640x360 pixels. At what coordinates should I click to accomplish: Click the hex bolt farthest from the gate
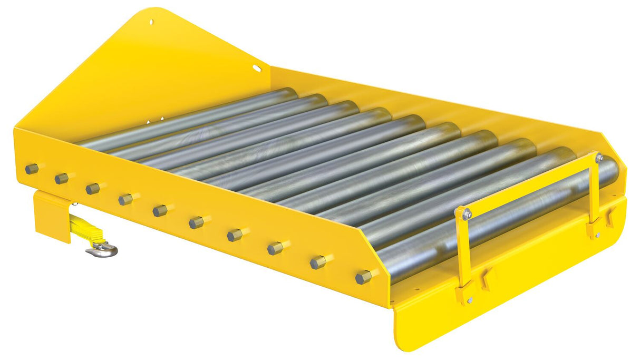point(32,169)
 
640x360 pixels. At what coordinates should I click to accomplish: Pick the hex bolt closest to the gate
point(363,277)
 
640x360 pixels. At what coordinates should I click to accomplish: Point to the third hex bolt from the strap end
point(93,189)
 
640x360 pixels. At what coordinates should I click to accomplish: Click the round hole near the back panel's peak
point(151,22)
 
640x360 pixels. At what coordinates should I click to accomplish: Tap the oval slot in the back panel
point(257,69)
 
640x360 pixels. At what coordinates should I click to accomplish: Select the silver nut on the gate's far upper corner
point(599,157)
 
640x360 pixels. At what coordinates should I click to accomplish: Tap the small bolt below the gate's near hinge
point(470,300)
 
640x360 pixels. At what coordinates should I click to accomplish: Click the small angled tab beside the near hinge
point(486,279)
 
